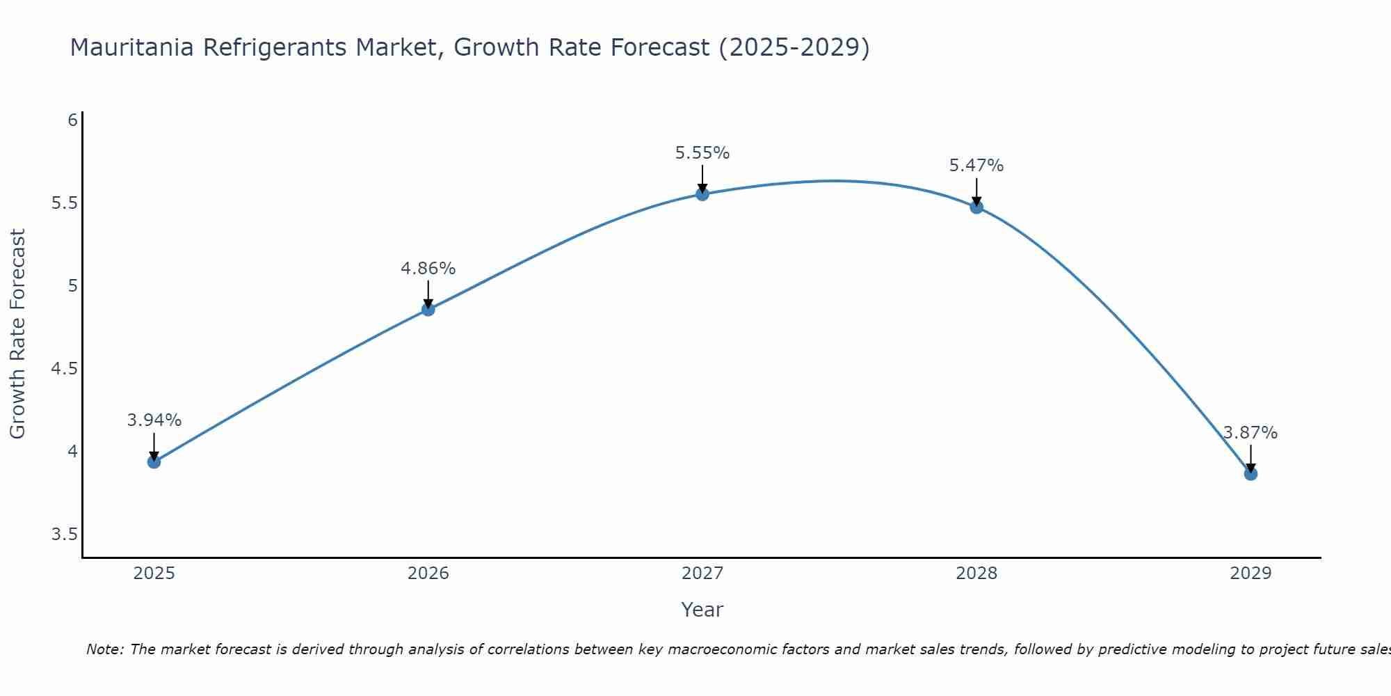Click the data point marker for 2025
tap(154, 461)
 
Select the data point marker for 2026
tap(428, 309)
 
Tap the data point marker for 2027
tap(702, 194)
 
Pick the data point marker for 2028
tap(976, 207)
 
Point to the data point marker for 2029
tap(1251, 474)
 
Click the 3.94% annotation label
tap(154, 420)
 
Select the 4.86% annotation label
tap(428, 269)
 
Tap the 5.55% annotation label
tap(702, 153)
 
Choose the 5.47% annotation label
tap(976, 166)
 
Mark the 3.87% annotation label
tap(1251, 433)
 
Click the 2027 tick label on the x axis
tap(702, 574)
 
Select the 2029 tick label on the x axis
tap(1251, 574)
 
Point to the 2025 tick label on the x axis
tap(154, 574)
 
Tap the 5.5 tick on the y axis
tap(64, 203)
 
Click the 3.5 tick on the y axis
tap(64, 535)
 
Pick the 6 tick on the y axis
tap(72, 120)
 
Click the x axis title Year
tap(702, 610)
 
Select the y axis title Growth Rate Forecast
tap(17, 334)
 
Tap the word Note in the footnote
tap(104, 649)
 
